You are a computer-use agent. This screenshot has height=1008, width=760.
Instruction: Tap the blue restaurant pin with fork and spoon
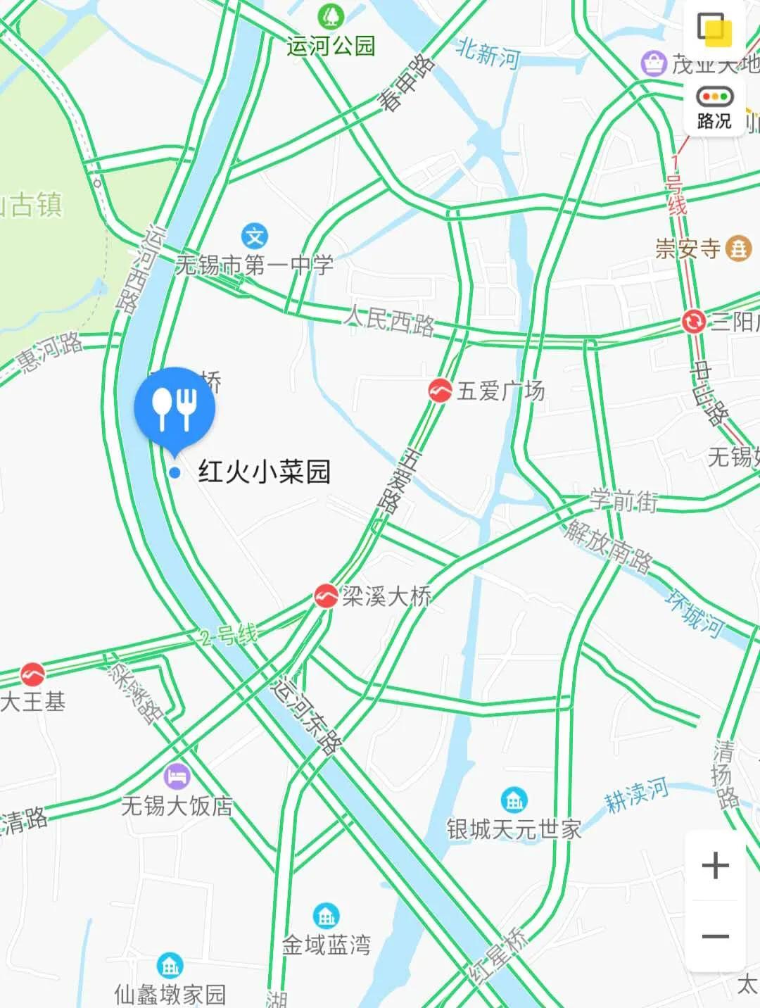[175, 408]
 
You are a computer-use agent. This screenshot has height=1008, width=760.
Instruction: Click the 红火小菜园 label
[265, 472]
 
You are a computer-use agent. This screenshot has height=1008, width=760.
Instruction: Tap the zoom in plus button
[715, 865]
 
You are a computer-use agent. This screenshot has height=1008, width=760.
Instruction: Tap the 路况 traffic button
[714, 108]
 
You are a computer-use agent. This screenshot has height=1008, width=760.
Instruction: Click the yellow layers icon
[714, 30]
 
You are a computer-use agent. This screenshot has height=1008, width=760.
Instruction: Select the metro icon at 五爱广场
[441, 390]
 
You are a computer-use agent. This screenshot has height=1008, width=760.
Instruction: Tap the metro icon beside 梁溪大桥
[326, 596]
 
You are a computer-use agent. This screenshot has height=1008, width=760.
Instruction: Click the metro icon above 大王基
[32, 674]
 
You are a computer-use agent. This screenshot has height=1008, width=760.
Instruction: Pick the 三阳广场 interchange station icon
[693, 322]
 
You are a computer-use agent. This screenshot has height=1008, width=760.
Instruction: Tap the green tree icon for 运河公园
[330, 15]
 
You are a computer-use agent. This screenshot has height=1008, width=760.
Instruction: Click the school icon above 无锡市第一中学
[254, 236]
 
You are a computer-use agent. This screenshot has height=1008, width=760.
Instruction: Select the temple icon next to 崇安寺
[739, 248]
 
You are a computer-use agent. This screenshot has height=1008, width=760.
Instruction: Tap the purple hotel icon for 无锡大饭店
[177, 777]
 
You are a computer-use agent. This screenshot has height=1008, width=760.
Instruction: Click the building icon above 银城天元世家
[514, 800]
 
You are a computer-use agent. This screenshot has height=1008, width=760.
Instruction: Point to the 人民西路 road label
[389, 322]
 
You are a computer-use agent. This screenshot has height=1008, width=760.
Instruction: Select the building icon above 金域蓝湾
[326, 916]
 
